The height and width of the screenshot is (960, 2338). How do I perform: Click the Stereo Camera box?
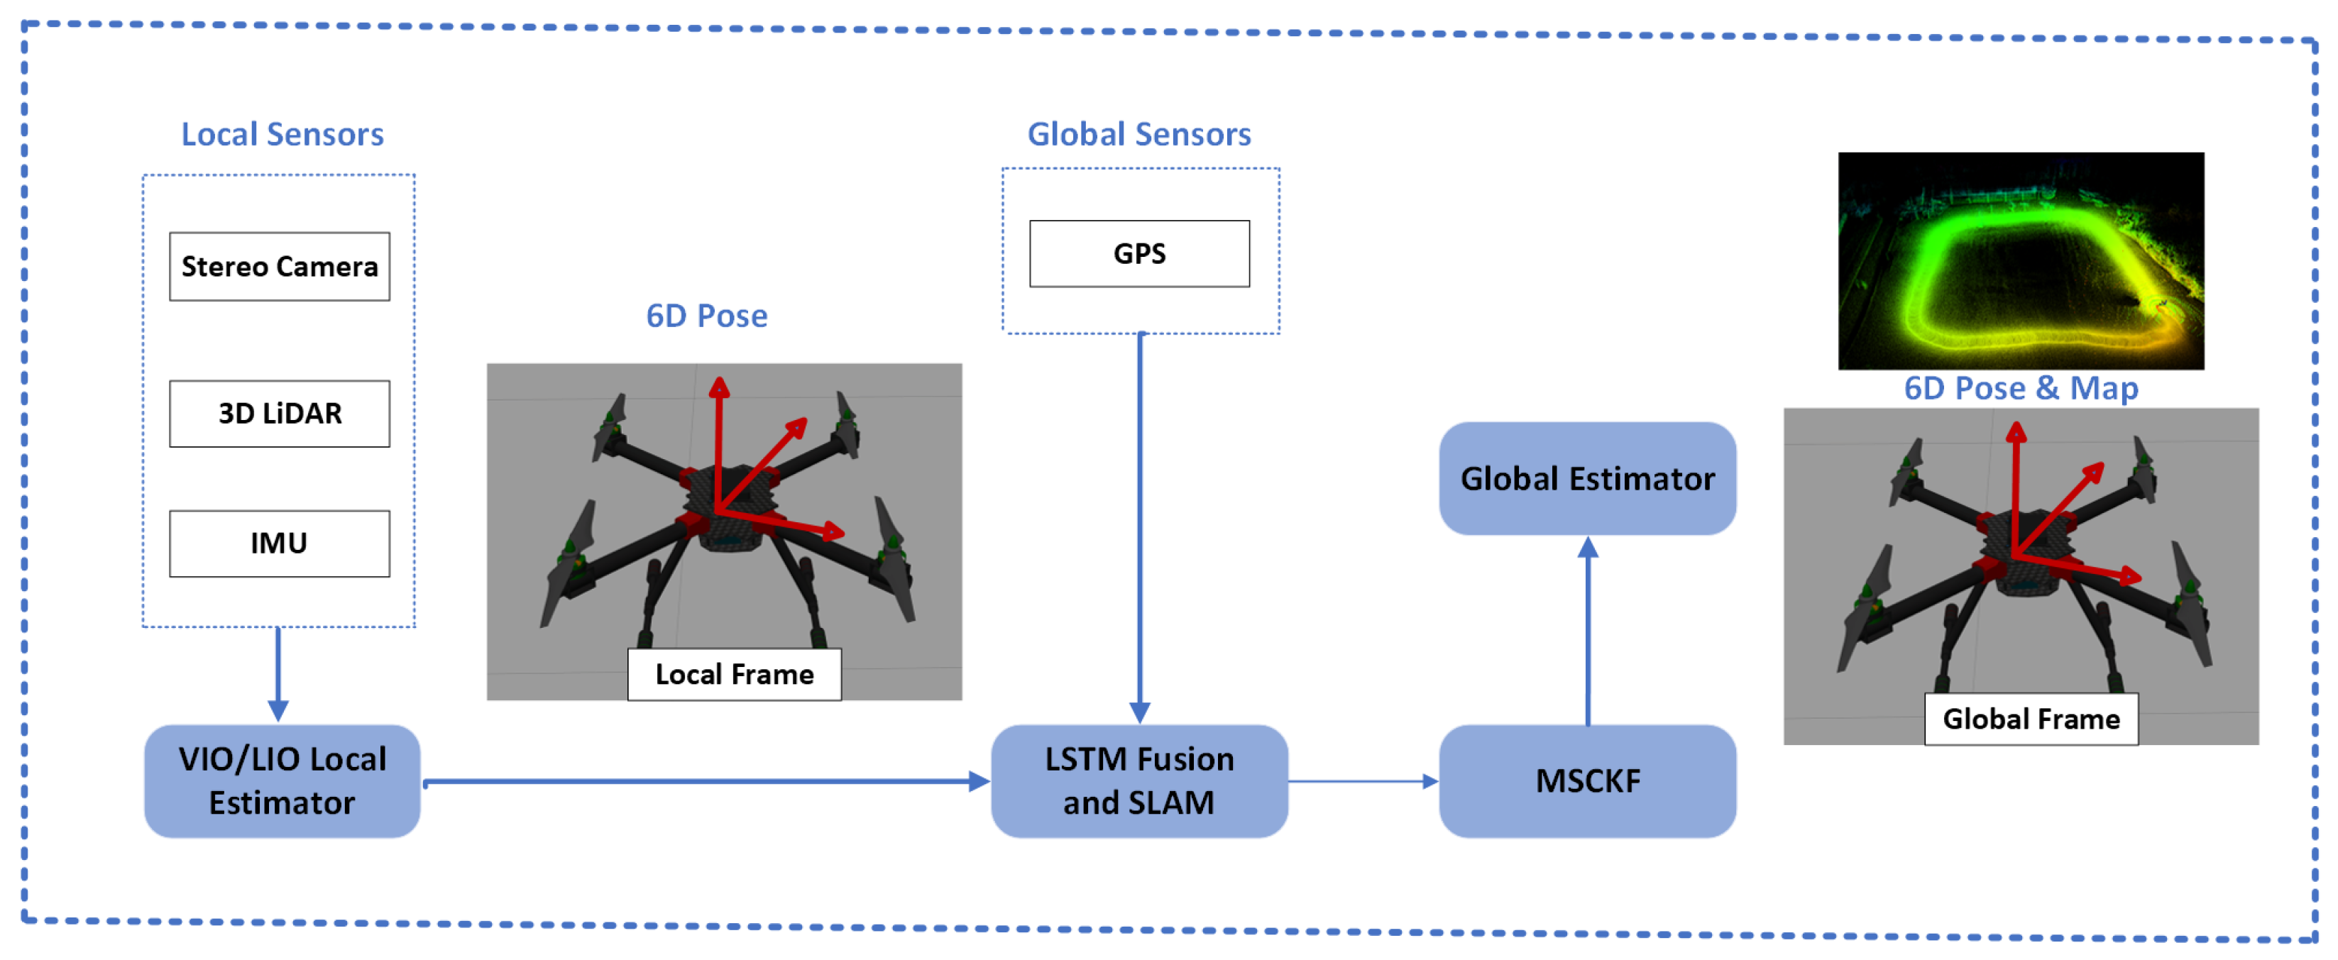tap(280, 267)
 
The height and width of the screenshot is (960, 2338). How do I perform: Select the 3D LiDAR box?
tap(280, 414)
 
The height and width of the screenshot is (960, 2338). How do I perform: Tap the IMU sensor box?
tap(280, 544)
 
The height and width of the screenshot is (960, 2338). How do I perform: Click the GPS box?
tap(1139, 254)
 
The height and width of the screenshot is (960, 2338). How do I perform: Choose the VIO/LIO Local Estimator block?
tap(282, 781)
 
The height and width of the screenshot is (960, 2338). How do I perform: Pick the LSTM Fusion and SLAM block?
tap(1139, 781)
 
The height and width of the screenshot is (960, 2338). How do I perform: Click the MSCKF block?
tap(1587, 781)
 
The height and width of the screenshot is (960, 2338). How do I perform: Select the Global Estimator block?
tap(1587, 478)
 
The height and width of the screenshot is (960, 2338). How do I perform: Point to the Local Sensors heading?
tap(282, 134)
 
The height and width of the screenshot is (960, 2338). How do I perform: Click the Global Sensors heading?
tap(1139, 134)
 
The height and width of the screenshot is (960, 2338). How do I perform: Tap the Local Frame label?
tap(734, 674)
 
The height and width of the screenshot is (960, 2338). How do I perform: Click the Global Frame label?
tap(2031, 719)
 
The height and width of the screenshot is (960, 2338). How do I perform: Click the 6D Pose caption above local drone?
tap(706, 316)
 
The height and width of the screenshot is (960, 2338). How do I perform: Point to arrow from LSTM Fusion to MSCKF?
tap(1361, 781)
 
